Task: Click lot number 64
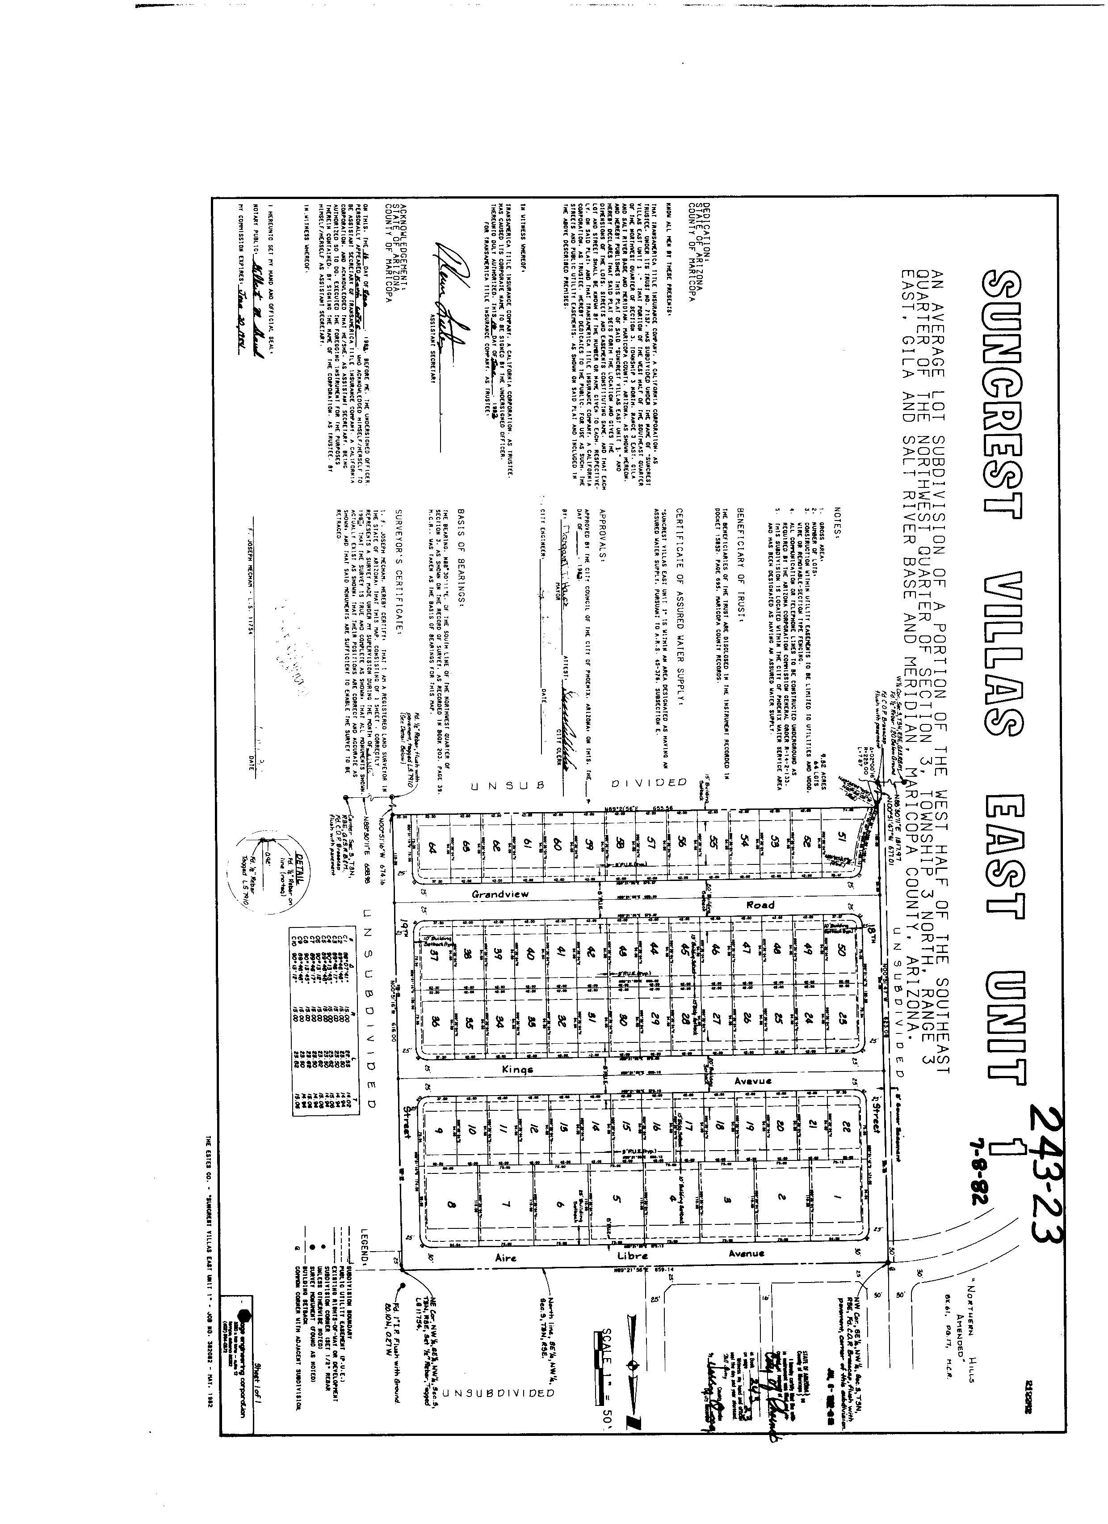pos(433,851)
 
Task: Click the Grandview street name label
pos(500,894)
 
